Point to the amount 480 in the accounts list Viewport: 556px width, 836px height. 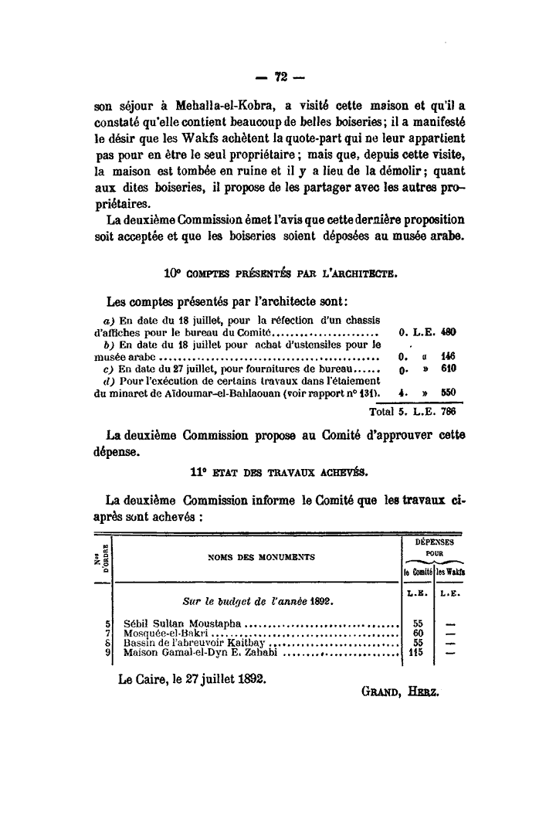[449, 332]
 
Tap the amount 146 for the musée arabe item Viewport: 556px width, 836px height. [449, 357]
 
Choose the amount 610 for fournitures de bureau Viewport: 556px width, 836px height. [449, 369]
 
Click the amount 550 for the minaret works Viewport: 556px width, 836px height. [449, 393]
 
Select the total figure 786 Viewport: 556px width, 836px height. [449, 410]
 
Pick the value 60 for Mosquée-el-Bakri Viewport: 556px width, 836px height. [419, 633]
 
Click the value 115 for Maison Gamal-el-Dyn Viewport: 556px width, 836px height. [419, 652]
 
